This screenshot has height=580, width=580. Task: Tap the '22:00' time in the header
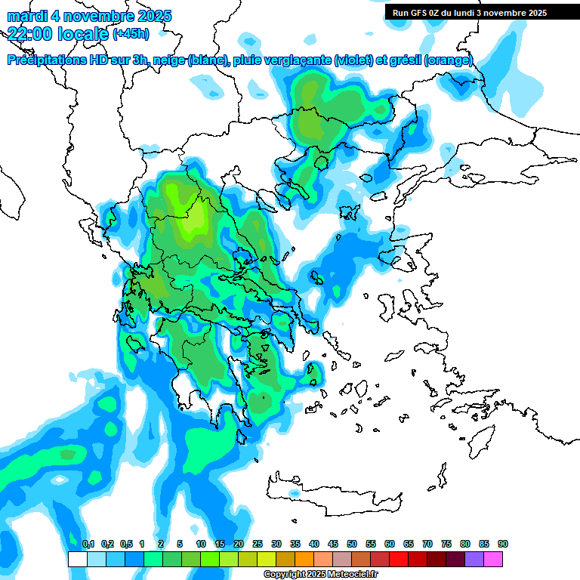click(30, 33)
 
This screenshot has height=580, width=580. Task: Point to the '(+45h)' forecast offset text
click(131, 33)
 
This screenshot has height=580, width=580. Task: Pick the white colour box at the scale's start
click(77, 560)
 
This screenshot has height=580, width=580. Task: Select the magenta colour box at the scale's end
click(493, 560)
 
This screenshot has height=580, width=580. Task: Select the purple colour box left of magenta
click(474, 560)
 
